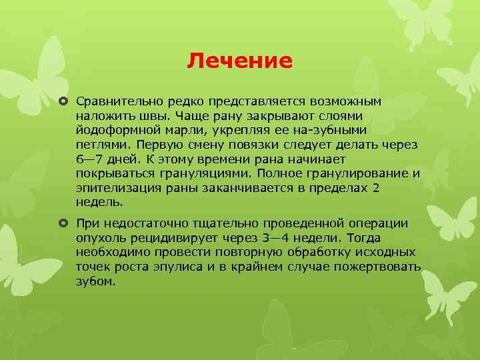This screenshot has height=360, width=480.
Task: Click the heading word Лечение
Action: (239, 61)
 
